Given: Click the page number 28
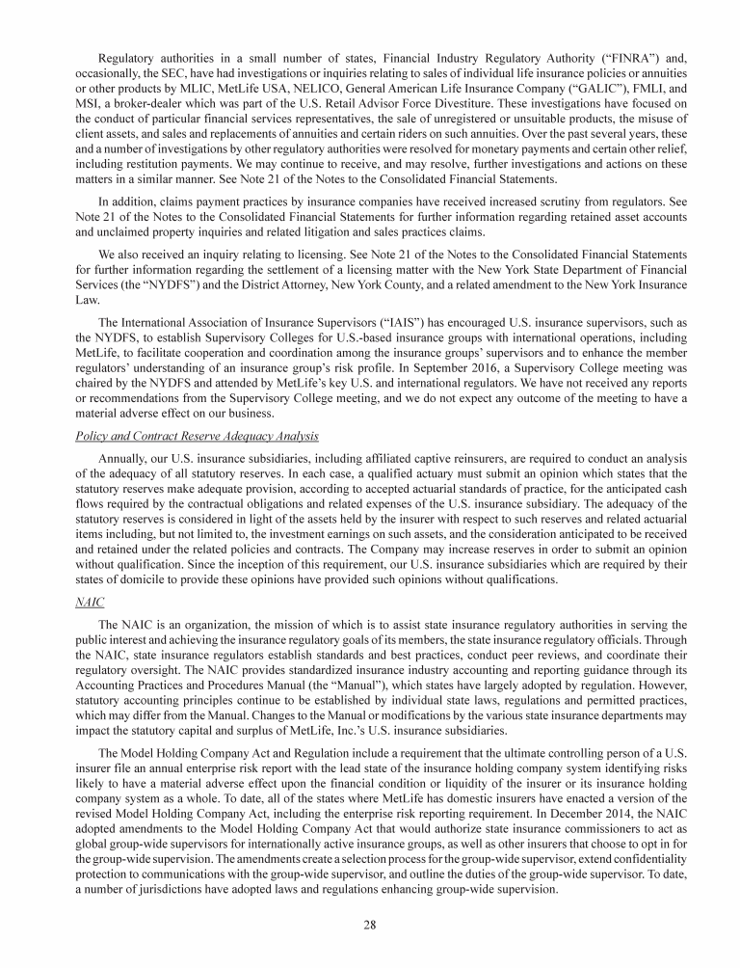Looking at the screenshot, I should [x=370, y=925].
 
